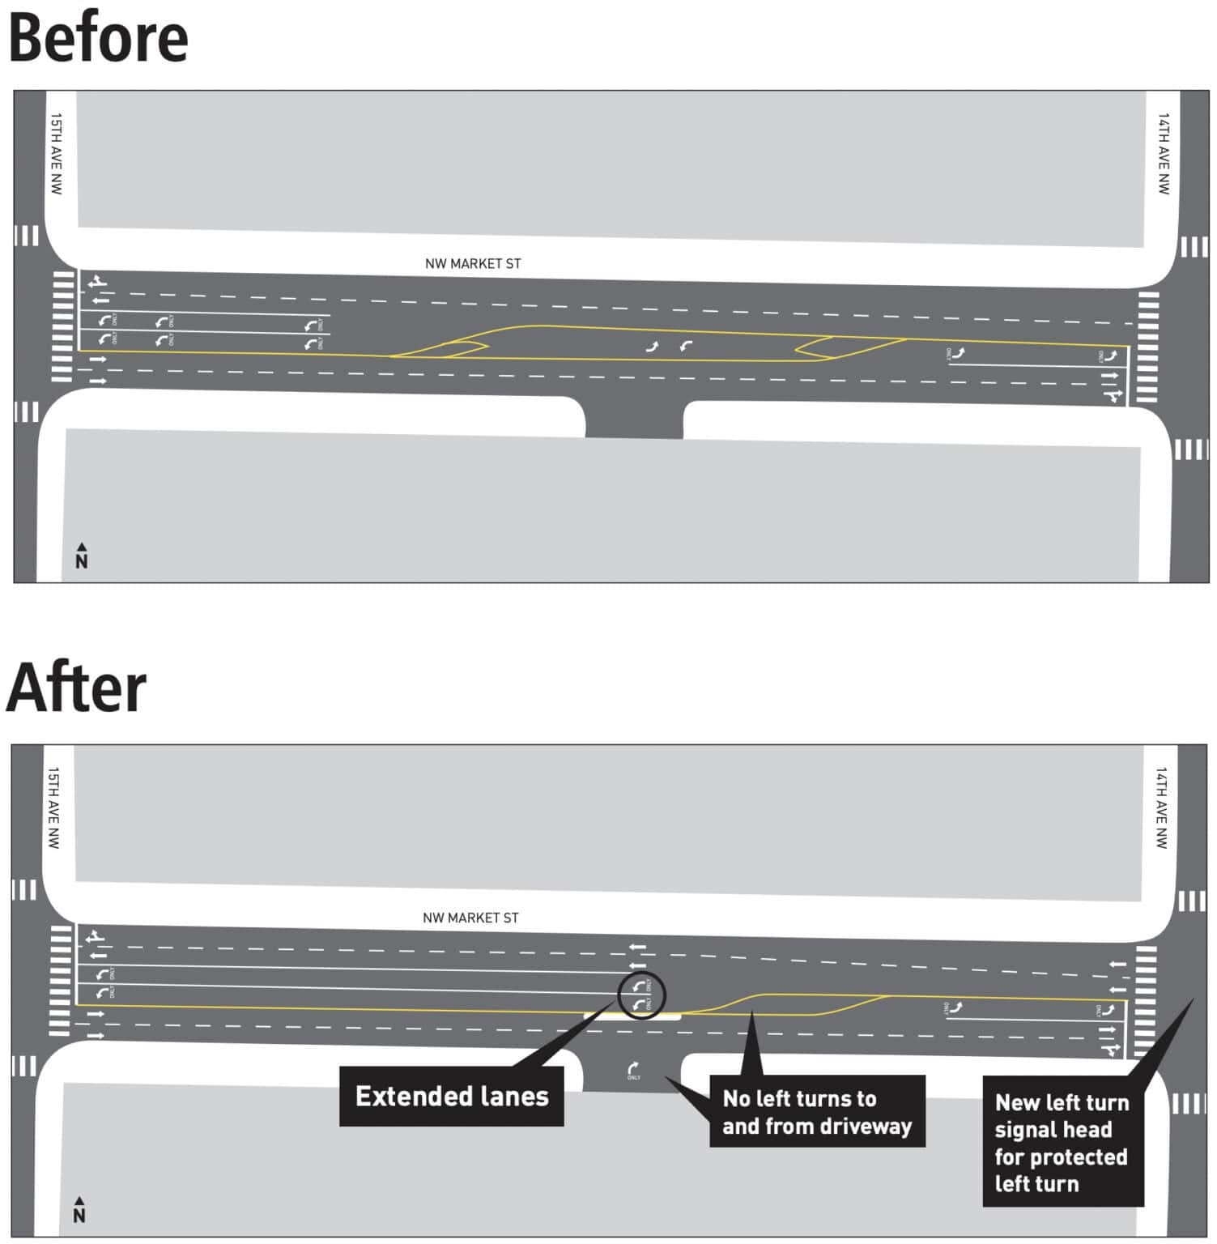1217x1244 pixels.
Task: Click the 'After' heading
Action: click(x=76, y=688)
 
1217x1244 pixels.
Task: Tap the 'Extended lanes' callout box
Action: click(x=451, y=1096)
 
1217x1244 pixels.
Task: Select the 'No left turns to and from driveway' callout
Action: click(x=816, y=1111)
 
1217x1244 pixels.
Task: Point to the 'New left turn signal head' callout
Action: click(x=1062, y=1142)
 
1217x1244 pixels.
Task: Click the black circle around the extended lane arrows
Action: click(x=641, y=995)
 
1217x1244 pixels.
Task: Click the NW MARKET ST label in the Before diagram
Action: click(x=473, y=263)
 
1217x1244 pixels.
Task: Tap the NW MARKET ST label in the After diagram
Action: click(x=470, y=918)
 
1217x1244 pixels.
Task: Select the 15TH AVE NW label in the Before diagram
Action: click(x=56, y=153)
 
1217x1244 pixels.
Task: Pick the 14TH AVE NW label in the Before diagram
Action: click(x=1164, y=153)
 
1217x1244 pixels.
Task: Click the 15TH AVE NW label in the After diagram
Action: click(x=53, y=807)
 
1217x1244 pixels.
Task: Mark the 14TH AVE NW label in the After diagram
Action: click(x=1161, y=807)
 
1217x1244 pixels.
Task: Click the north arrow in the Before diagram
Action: click(x=81, y=556)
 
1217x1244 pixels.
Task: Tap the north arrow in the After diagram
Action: click(x=79, y=1210)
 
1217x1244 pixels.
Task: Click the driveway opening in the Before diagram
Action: click(x=633, y=417)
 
